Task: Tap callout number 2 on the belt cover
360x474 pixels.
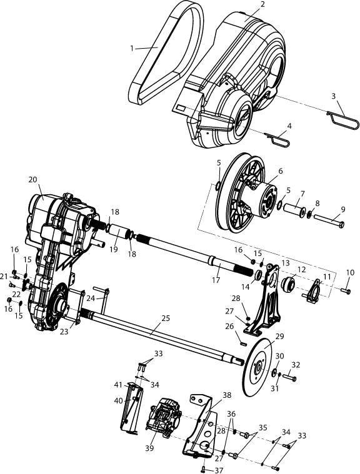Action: tap(262, 4)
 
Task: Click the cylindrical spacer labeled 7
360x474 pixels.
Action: tap(294, 210)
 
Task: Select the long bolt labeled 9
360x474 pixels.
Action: tap(329, 221)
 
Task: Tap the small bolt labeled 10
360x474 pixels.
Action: tap(345, 290)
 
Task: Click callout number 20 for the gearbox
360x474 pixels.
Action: tap(32, 179)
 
